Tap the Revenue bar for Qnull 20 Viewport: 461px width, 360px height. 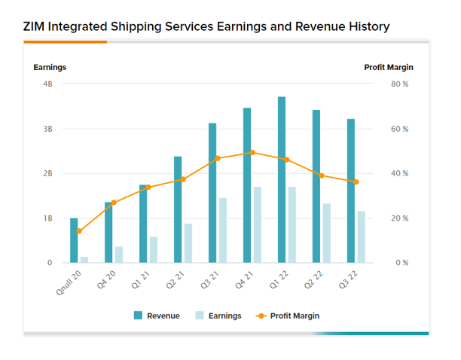tap(74, 240)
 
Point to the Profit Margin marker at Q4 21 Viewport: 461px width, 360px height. tap(252, 152)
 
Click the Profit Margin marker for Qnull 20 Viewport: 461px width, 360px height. tap(79, 231)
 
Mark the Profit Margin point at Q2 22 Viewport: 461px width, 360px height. tap(322, 175)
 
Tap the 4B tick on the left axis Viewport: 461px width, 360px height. tap(47, 84)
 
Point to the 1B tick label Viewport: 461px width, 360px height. tap(47, 218)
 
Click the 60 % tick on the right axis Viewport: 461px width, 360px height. tap(399, 129)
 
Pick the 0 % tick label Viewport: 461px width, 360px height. tap(401, 263)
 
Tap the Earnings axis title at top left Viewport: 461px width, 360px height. tap(50, 67)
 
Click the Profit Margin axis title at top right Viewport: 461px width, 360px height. tap(388, 67)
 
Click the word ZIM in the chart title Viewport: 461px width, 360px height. tap(35, 27)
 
